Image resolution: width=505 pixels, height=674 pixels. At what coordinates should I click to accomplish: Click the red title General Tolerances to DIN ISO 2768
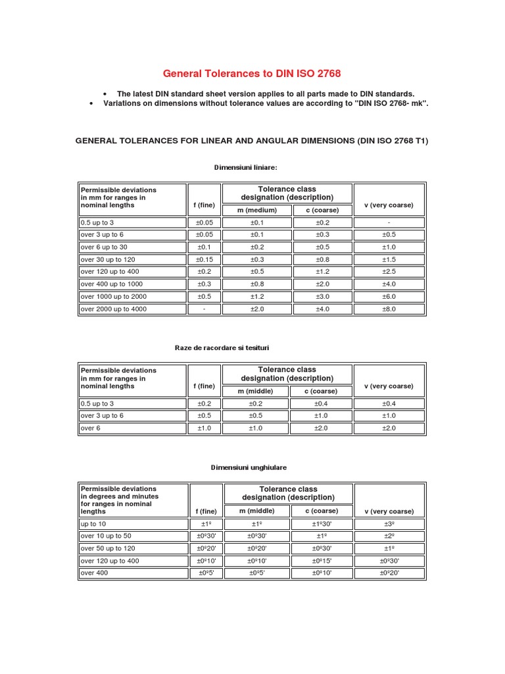252,73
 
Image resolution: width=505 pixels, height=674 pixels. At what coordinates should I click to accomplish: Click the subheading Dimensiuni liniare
241,168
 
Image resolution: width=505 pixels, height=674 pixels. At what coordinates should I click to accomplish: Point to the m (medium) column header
253,210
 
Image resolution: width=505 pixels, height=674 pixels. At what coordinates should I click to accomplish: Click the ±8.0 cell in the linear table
389,309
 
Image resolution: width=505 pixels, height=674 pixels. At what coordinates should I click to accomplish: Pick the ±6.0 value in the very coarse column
389,296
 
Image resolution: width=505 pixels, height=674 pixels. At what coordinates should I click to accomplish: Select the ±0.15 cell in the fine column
204,259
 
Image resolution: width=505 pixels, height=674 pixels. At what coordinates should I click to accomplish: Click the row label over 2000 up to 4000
113,309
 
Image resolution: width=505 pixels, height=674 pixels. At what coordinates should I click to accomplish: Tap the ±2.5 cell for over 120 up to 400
389,271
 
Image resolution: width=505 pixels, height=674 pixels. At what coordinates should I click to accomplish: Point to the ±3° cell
389,524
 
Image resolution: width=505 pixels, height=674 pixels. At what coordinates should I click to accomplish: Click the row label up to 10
93,524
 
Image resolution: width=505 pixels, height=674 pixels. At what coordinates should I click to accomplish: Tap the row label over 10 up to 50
105,536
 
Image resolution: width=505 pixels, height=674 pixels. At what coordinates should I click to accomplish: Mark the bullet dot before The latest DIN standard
106,94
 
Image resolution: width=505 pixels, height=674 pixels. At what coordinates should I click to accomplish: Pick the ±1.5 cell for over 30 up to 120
389,259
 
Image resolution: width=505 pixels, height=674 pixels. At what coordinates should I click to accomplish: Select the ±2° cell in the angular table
389,536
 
